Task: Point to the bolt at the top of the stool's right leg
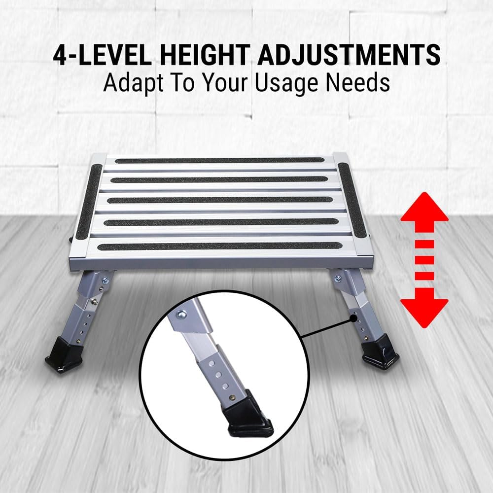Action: [x=339, y=280]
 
